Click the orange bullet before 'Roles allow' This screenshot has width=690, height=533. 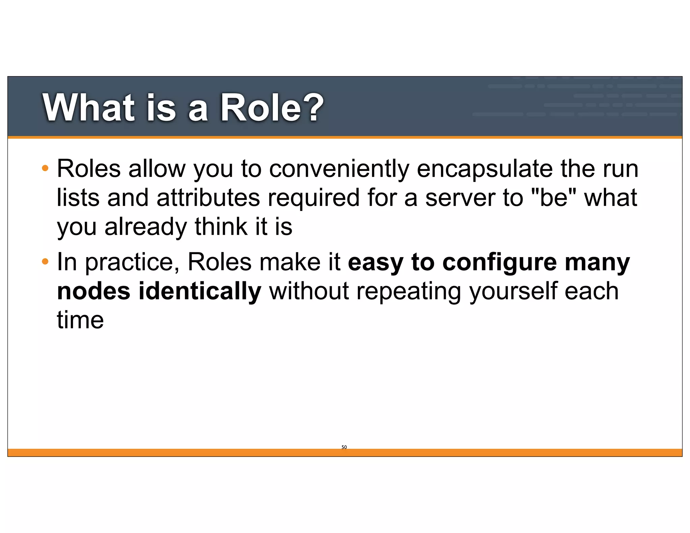45,168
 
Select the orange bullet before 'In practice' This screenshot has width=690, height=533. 45,261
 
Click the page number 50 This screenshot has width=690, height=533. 344,447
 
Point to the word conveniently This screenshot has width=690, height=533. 339,168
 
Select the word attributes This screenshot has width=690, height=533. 208,197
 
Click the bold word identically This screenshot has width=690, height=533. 200,291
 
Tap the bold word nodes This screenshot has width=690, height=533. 94,291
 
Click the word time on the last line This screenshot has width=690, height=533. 80,320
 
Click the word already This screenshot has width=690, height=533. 146,227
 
